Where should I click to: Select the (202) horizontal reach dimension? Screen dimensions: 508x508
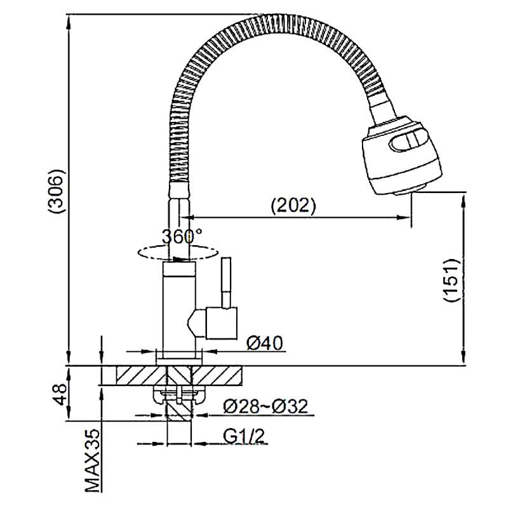tap(293, 204)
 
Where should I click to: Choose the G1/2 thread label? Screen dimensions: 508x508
tap(244, 437)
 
